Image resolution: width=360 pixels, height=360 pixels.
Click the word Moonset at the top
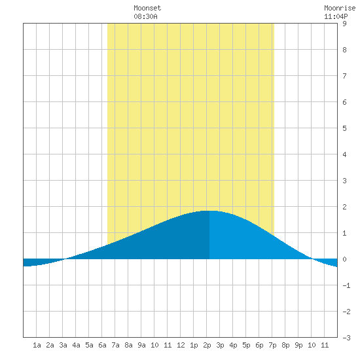[x=147, y=8]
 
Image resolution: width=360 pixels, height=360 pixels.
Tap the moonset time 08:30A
[x=145, y=16]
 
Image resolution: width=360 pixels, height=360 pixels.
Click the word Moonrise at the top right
[x=340, y=8]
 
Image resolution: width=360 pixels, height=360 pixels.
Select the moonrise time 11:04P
[x=336, y=16]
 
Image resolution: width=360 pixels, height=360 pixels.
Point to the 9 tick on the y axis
[x=344, y=24]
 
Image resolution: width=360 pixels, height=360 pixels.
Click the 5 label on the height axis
[x=344, y=128]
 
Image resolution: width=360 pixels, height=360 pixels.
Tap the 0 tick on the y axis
[x=344, y=259]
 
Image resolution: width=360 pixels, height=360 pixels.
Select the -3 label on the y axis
[x=346, y=338]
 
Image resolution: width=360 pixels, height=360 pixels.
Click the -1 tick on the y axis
[x=346, y=285]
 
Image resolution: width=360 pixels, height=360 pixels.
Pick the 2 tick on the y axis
[x=344, y=207]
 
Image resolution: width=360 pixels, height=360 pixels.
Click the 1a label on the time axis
[x=37, y=345]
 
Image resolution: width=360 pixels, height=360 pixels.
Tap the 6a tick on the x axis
[x=102, y=345]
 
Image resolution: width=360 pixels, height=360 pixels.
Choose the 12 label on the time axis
[x=181, y=345]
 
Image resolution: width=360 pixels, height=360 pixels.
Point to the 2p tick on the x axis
[x=207, y=345]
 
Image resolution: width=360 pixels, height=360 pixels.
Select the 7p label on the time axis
[x=272, y=345]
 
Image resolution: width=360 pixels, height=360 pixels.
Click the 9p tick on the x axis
[x=298, y=345]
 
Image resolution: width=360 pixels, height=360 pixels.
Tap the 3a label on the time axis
[x=63, y=345]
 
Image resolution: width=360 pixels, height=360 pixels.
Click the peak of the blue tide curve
[x=209, y=211]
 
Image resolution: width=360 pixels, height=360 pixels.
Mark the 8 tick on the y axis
[x=344, y=50]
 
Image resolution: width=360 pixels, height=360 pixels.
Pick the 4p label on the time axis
[x=233, y=345]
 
